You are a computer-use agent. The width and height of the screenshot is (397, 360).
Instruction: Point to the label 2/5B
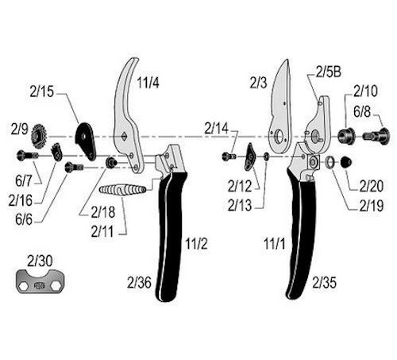(x=327, y=72)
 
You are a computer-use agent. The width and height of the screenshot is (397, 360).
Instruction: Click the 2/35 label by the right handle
(x=326, y=281)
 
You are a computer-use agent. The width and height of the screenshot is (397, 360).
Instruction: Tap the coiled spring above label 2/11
(x=124, y=191)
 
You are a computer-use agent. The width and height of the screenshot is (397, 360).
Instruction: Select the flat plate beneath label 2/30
(x=40, y=281)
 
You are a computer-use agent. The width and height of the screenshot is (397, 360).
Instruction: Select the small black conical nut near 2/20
(x=346, y=161)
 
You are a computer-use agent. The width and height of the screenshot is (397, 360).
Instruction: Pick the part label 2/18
(x=104, y=212)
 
